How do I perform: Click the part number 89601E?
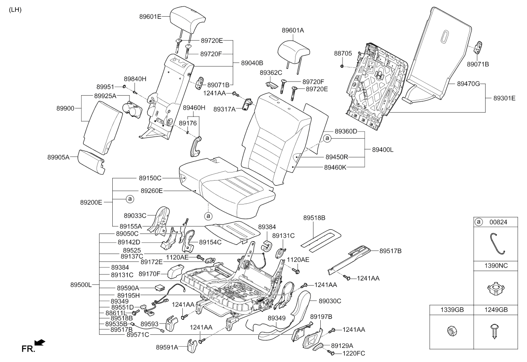coord(150,17)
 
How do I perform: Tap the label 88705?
coord(343,53)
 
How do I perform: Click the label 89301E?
coord(504,98)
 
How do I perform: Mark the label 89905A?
coord(59,157)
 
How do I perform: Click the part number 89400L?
coord(383,150)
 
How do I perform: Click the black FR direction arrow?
coord(39,342)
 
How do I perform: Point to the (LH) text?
coord(15,10)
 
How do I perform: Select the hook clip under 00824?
coord(495,243)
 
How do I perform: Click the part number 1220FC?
coord(354,353)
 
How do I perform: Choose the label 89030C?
coord(330,301)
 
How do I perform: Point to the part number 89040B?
coord(252,63)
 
